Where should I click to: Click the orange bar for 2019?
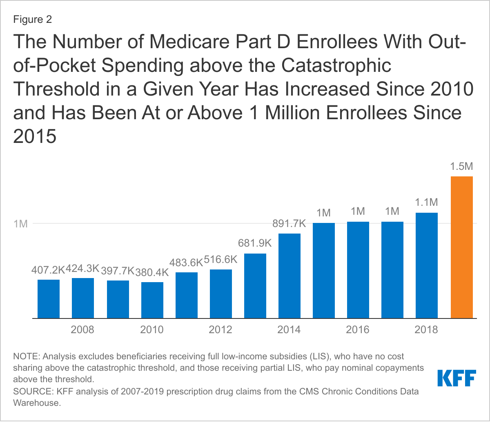(x=461, y=247)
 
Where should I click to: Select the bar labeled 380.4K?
(x=152, y=300)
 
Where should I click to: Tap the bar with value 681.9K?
(x=255, y=286)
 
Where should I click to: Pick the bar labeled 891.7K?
(x=290, y=276)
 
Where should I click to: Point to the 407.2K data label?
(x=48, y=270)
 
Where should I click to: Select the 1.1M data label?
(x=427, y=203)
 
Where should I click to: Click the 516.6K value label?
(x=221, y=260)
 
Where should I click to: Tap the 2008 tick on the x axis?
(x=83, y=329)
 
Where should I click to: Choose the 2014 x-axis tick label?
(x=290, y=329)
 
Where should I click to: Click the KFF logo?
(x=456, y=378)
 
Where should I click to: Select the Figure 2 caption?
(x=33, y=20)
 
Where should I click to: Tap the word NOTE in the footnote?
(x=24, y=356)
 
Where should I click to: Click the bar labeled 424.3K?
(x=83, y=298)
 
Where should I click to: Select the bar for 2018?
(x=427, y=265)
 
